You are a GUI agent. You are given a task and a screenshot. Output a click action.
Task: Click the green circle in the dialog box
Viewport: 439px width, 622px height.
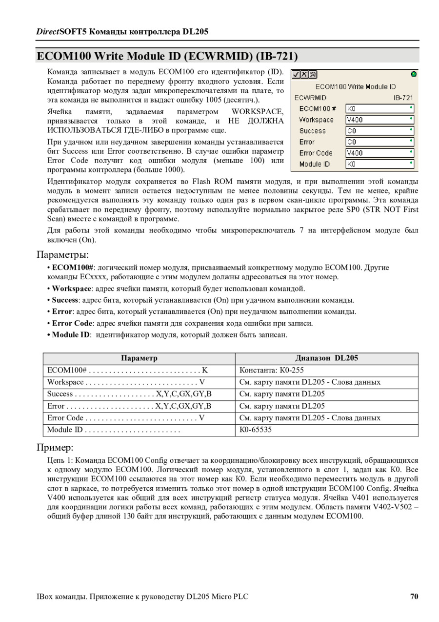(x=414, y=74)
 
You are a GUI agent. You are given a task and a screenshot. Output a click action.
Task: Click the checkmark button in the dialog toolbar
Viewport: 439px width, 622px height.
(x=296, y=75)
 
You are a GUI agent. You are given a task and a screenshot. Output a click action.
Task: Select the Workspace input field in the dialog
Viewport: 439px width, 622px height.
(x=379, y=120)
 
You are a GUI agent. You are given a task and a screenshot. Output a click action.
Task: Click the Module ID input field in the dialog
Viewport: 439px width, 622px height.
(x=379, y=165)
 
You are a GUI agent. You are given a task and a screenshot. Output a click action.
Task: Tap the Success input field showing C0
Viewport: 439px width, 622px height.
(x=379, y=131)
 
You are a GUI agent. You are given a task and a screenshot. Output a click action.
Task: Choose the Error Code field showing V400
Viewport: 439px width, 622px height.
(x=379, y=153)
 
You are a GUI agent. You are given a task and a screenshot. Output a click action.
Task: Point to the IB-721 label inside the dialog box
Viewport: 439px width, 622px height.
(x=403, y=98)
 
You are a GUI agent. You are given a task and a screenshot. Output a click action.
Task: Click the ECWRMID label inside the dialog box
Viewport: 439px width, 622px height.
(x=310, y=98)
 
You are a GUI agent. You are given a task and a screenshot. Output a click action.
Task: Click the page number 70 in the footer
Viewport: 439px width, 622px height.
(x=414, y=597)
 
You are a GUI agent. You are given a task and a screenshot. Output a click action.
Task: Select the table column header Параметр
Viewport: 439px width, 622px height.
(x=139, y=358)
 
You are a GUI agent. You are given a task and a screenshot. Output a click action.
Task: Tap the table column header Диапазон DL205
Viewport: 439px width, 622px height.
(x=326, y=358)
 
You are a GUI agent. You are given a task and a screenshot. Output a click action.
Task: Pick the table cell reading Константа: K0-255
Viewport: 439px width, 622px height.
(x=272, y=371)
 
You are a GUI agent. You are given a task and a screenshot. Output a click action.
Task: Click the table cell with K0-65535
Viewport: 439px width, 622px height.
(x=256, y=430)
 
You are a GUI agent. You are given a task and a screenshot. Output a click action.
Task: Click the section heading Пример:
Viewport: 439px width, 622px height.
(x=55, y=448)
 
